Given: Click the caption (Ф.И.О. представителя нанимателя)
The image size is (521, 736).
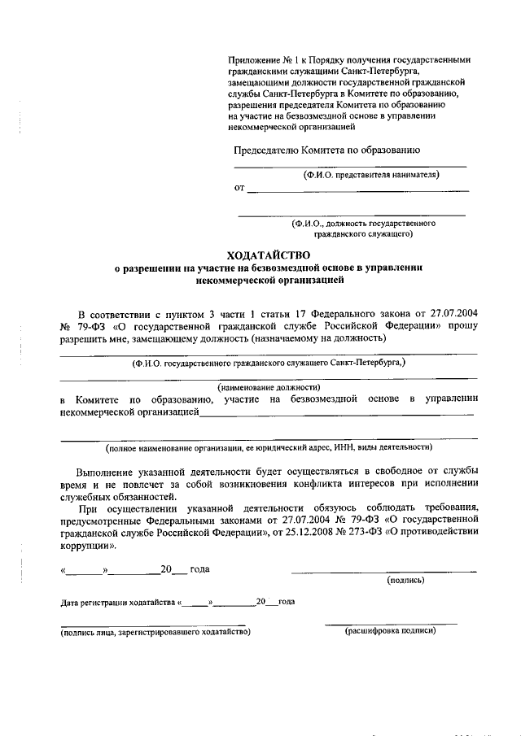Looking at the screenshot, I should [x=370, y=174].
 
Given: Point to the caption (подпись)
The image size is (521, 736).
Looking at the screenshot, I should [x=406, y=580].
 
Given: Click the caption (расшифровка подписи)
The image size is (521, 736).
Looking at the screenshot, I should [x=391, y=630].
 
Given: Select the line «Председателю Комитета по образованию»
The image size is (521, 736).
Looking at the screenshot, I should [x=326, y=150].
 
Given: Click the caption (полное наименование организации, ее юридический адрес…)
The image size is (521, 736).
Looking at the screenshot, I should [x=269, y=447].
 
